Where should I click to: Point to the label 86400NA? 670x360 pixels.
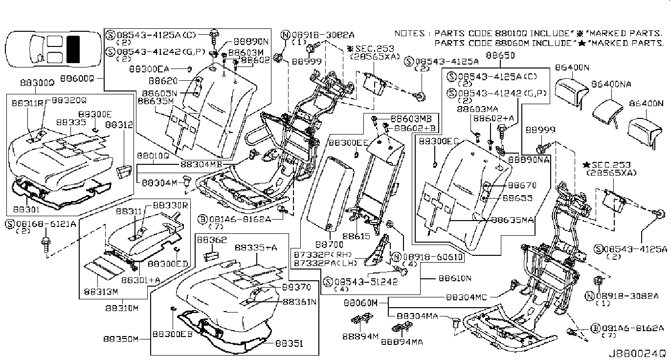tap(611, 84)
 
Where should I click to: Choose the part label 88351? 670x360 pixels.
tap(289, 344)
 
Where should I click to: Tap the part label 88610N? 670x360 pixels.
tap(454, 278)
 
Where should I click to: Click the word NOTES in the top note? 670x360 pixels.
tap(409, 34)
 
